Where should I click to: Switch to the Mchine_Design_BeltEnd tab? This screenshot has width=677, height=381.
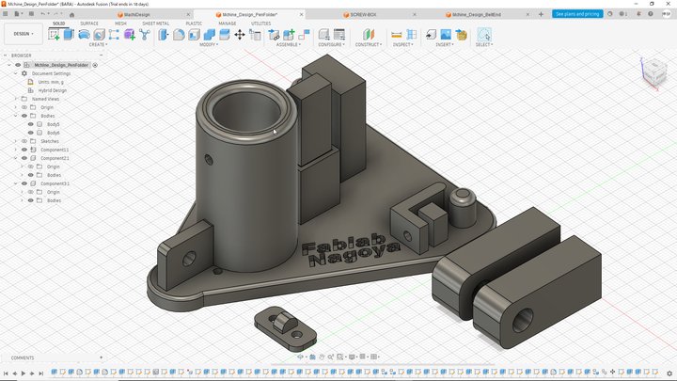[478, 15]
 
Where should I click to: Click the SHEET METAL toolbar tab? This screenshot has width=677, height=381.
[156, 24]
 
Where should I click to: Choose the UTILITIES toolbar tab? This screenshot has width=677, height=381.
[260, 24]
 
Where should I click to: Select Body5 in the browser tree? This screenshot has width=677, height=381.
[54, 124]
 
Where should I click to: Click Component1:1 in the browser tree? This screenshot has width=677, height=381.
[55, 150]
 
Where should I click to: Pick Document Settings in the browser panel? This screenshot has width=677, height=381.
[51, 73]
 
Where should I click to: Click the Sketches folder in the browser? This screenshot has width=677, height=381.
[49, 141]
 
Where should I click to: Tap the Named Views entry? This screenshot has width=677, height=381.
[45, 99]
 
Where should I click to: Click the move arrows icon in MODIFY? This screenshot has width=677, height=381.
[239, 35]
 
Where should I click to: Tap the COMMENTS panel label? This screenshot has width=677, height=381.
[23, 357]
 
